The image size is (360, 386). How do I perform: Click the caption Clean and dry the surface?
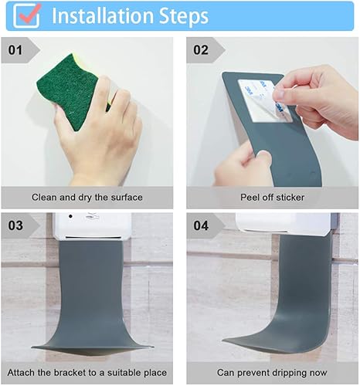tap(87, 198)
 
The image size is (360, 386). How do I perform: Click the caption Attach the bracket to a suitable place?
tap(87, 373)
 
